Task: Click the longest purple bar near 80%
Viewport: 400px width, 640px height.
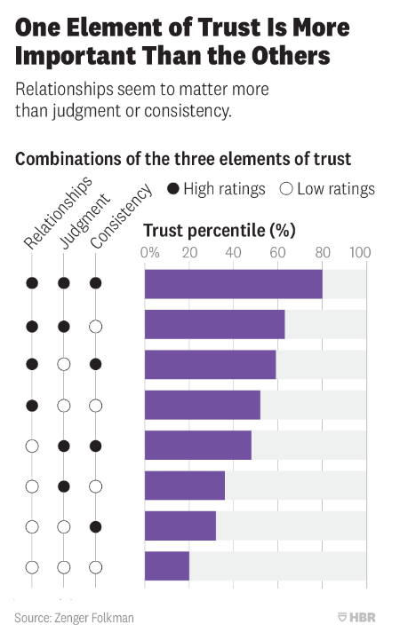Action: coord(233,284)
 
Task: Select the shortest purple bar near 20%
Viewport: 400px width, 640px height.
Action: coord(167,566)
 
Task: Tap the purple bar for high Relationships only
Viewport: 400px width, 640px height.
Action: coord(202,405)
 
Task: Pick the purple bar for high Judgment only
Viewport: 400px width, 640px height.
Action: coord(184,486)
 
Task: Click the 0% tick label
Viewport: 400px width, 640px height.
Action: coord(151,252)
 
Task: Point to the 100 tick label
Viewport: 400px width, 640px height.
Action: coord(360,252)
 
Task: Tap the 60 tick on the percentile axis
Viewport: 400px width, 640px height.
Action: coord(276,252)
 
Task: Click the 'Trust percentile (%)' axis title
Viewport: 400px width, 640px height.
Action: coord(218,230)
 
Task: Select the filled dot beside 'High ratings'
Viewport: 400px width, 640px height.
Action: coord(173,189)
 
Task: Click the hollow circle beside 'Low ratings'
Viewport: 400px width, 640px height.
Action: coord(286,189)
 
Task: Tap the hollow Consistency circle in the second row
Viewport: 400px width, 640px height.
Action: coord(96,326)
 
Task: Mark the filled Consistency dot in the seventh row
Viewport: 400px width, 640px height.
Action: coord(96,526)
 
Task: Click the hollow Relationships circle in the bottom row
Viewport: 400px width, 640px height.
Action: coord(32,566)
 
